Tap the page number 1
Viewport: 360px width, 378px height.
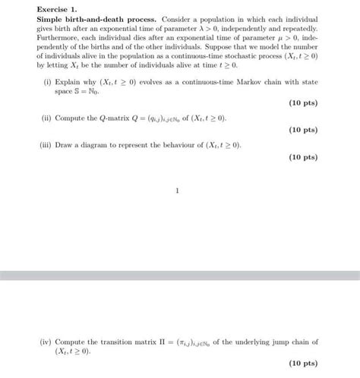(x=177, y=191)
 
